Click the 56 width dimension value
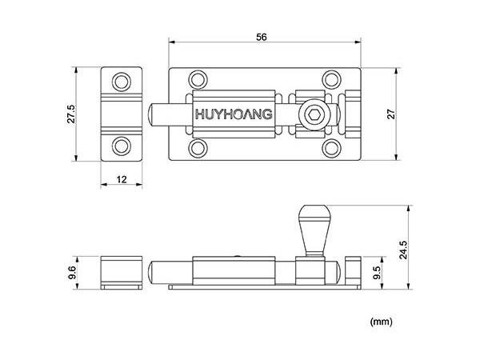pos(261,37)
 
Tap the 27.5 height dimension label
pos(71,114)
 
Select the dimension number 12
pos(122,179)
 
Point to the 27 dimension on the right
pos(391,114)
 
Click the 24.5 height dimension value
pos(403,250)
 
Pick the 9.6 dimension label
pos(72,273)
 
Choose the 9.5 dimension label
pos(377,273)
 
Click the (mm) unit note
pos(381,322)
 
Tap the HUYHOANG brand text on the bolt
pos(234,114)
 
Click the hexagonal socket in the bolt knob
pos(314,115)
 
